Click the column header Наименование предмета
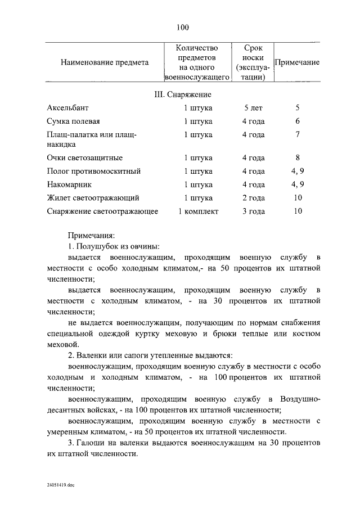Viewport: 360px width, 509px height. click(x=105, y=62)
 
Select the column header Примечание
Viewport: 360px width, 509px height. click(x=296, y=62)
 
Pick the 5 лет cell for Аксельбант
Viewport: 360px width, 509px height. click(x=253, y=107)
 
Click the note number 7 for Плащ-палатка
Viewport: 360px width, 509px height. click(x=298, y=135)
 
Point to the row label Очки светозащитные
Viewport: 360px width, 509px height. click(x=84, y=158)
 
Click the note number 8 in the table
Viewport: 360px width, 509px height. click(x=298, y=158)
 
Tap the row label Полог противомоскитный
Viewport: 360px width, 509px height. click(x=93, y=171)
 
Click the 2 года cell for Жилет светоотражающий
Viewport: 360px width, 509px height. click(x=253, y=198)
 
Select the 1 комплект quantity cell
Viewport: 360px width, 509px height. click(x=198, y=211)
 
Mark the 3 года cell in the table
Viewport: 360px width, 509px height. click(x=253, y=211)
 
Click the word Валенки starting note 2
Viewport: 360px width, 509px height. click(x=92, y=355)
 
